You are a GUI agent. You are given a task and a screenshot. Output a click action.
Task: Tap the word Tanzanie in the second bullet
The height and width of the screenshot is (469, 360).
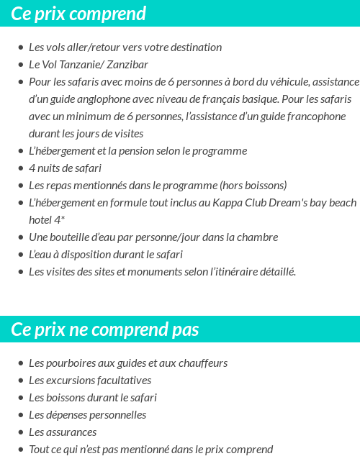(x=81, y=65)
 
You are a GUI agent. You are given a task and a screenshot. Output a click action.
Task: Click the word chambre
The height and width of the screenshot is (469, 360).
(x=257, y=237)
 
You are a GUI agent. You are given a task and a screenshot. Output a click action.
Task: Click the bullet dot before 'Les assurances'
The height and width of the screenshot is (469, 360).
(x=20, y=432)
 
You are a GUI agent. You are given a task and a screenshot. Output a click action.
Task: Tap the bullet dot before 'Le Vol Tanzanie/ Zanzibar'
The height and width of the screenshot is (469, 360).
(x=20, y=65)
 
